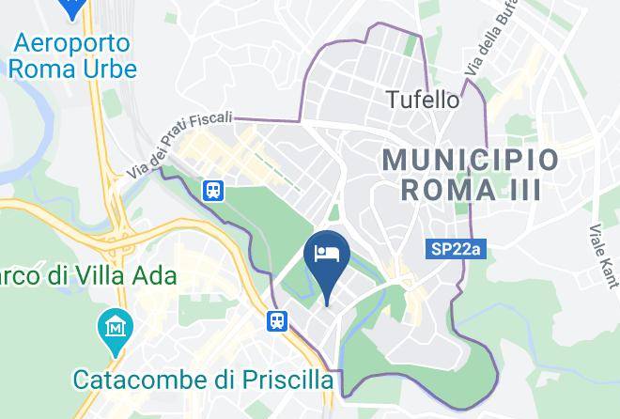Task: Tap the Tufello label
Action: (424, 99)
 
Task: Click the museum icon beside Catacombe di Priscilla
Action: (115, 329)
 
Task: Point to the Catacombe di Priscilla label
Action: (204, 380)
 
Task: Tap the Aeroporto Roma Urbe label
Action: (75, 54)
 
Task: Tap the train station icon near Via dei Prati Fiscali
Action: (214, 190)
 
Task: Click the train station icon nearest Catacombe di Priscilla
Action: (278, 321)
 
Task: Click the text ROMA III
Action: (471, 190)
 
